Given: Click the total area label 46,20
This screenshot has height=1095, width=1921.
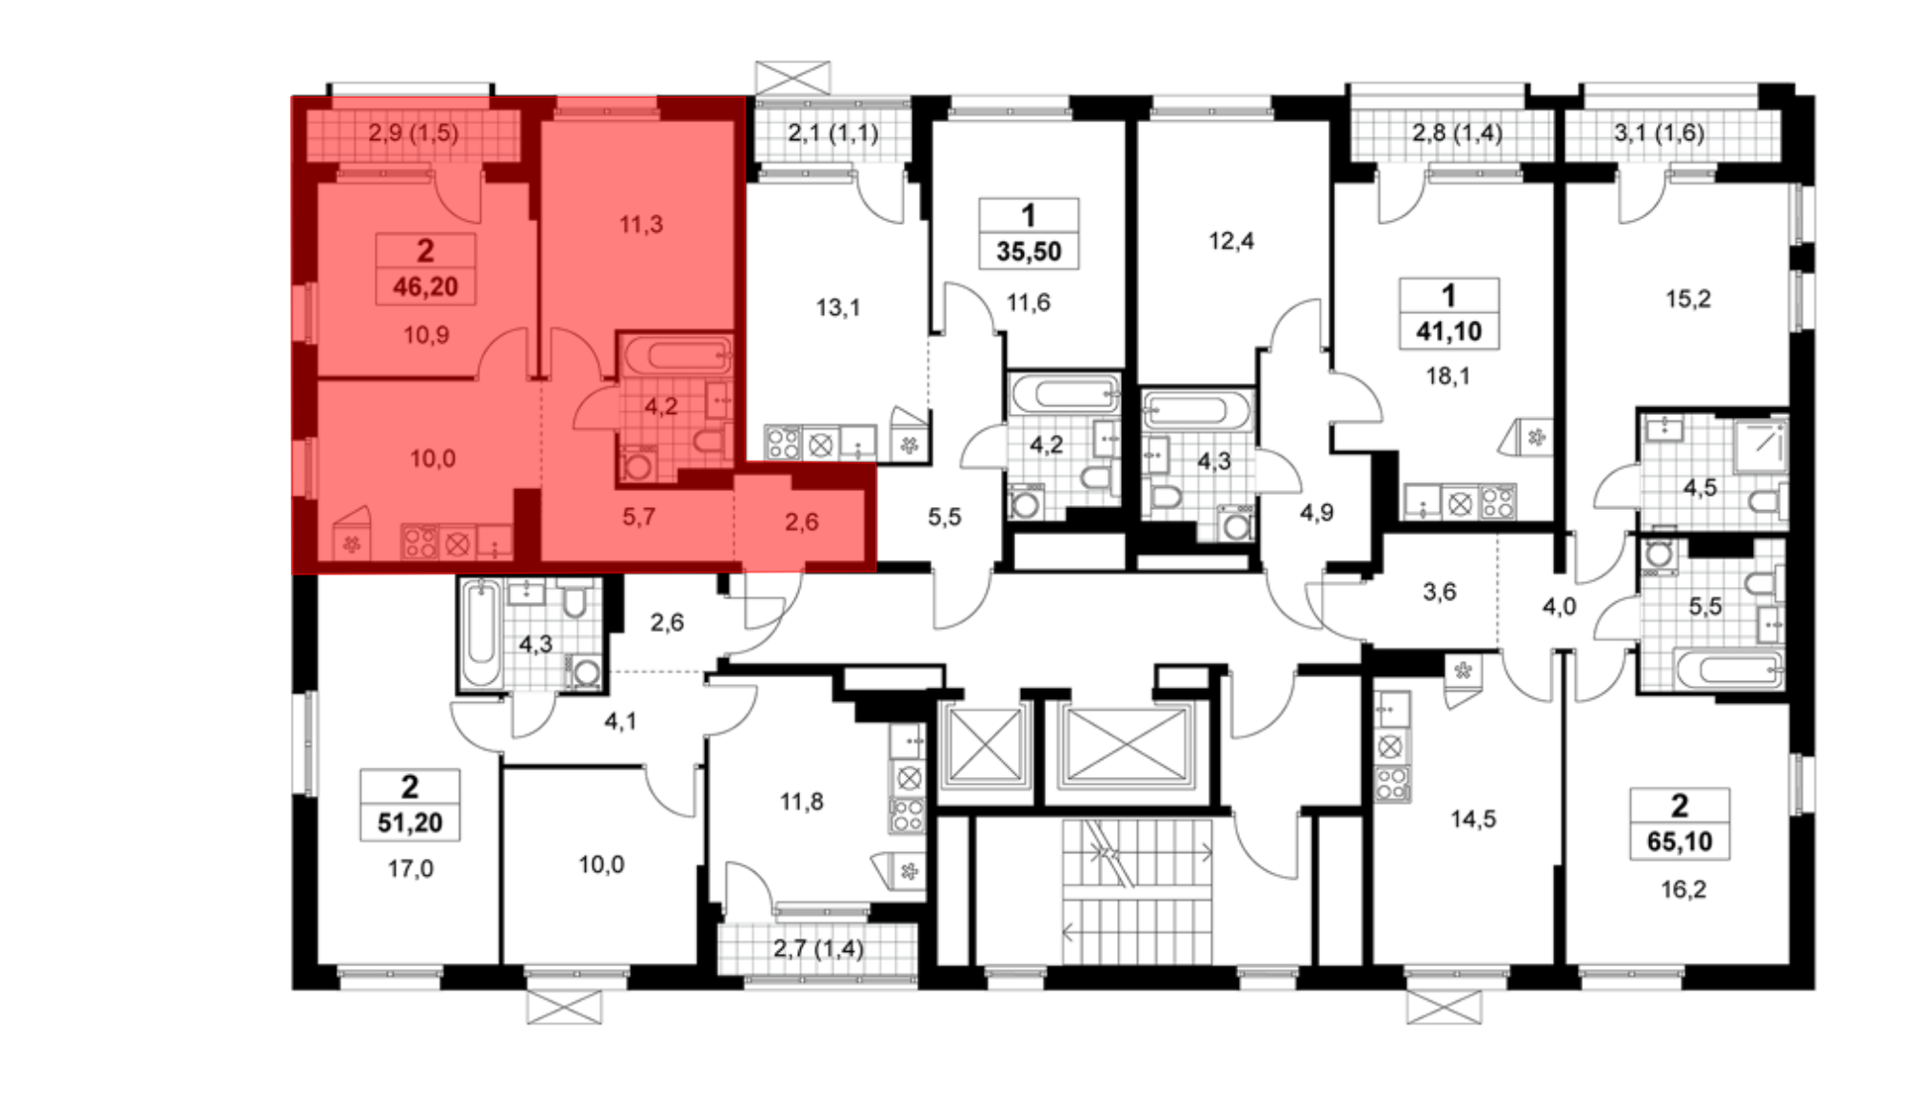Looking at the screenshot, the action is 426,286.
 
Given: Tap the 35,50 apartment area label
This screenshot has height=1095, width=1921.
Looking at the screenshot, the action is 1029,252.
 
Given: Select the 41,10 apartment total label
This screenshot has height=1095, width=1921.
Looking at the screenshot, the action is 1448,331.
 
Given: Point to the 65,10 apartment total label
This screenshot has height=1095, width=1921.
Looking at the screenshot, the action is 1680,841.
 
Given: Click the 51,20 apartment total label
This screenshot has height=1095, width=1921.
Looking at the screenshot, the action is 410,822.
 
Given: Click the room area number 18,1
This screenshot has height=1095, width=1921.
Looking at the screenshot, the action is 1447,376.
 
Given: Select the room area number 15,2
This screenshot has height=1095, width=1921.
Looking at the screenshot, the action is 1688,299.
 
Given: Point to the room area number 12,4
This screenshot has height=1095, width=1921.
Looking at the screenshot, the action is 1231,240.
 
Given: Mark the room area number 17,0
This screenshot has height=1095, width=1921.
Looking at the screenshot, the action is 410,868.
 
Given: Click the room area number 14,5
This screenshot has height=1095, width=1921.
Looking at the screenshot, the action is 1472,818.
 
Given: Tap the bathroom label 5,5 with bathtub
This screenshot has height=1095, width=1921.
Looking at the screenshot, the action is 1705,606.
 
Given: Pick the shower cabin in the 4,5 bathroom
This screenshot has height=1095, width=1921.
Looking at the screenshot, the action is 1760,445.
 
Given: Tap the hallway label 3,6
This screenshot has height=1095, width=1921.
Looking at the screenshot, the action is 1439,592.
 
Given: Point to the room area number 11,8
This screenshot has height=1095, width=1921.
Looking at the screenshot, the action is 801,801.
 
